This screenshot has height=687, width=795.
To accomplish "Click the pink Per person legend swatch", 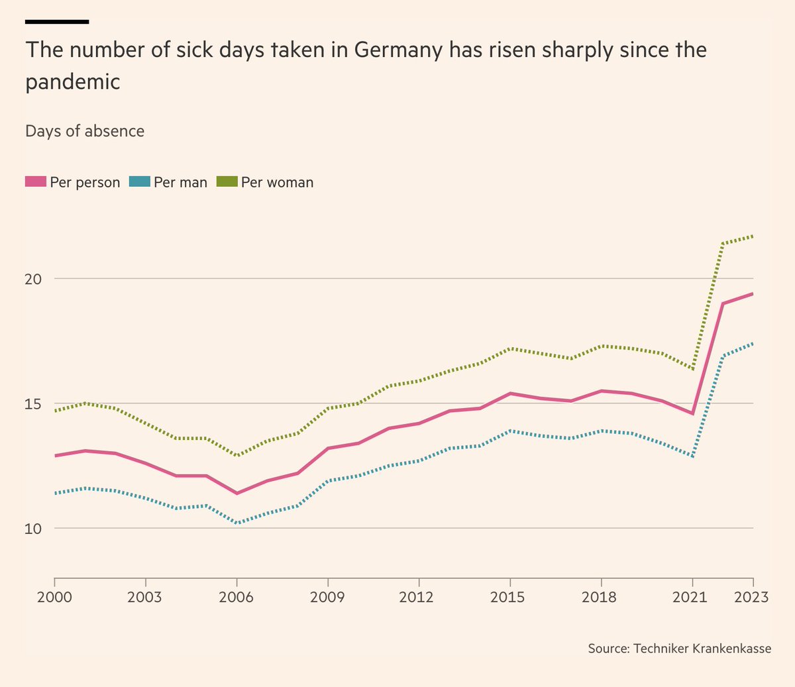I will coord(36,182).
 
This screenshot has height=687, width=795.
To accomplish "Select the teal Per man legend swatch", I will coord(140,182).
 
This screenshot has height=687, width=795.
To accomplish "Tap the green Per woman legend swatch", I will coord(227,182).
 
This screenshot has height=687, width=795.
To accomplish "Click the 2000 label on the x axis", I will coord(54,597).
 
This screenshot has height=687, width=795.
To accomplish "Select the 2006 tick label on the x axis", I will coord(237,597).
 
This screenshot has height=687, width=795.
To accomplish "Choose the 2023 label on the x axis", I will coord(751,597).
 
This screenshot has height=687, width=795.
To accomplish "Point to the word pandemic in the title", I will coord(73,82).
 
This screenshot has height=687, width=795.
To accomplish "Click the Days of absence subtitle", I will coord(85,131).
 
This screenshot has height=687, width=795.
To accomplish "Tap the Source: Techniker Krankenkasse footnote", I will coord(680,648).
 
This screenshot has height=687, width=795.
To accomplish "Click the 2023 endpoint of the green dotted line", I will coord(753,236).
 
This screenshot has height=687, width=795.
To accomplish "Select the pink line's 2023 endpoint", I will coord(753,293).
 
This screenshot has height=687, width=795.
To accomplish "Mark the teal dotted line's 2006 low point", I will coord(237,523).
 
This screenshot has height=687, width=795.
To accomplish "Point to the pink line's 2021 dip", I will coord(692,413).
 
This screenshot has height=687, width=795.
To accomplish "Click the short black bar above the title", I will coord(57,22).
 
